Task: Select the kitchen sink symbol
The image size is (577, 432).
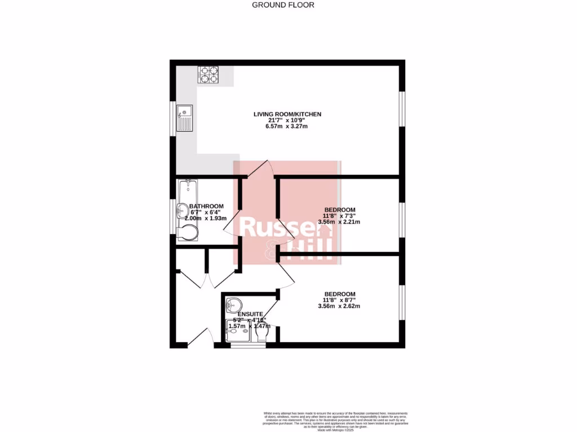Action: tap(184, 118)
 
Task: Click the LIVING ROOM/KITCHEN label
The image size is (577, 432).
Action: tap(287, 114)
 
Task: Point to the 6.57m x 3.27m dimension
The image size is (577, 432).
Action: tap(287, 127)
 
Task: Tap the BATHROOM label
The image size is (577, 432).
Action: tap(206, 206)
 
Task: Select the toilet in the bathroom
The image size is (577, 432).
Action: tap(188, 233)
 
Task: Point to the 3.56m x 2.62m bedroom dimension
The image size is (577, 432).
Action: tap(339, 306)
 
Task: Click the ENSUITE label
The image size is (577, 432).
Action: tap(250, 314)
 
